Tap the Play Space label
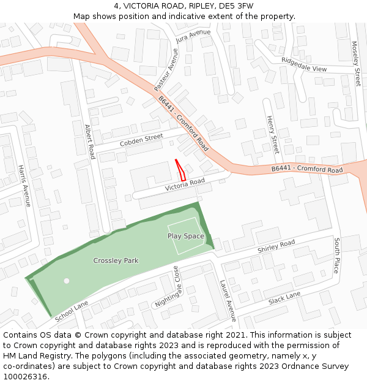(x=186, y=236)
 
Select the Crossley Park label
(x=116, y=260)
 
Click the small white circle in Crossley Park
(x=67, y=281)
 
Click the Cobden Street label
(x=141, y=140)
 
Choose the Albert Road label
(x=90, y=142)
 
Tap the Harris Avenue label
(x=24, y=186)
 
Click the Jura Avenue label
(x=193, y=36)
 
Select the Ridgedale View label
(x=304, y=64)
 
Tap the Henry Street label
(x=272, y=134)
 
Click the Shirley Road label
(x=276, y=246)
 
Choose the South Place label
(x=336, y=256)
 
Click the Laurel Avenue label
(x=228, y=300)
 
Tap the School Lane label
(x=72, y=311)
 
